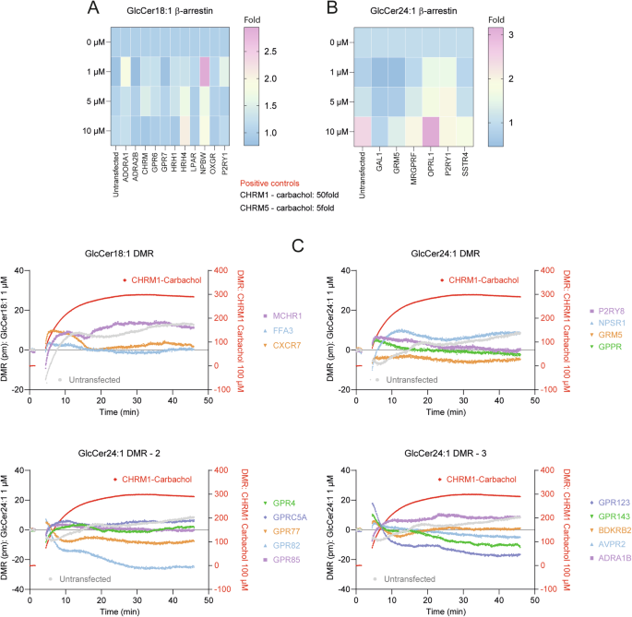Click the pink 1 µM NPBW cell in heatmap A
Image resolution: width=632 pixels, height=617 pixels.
(x=205, y=72)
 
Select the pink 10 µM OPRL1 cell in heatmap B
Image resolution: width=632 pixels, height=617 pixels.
(x=430, y=132)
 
